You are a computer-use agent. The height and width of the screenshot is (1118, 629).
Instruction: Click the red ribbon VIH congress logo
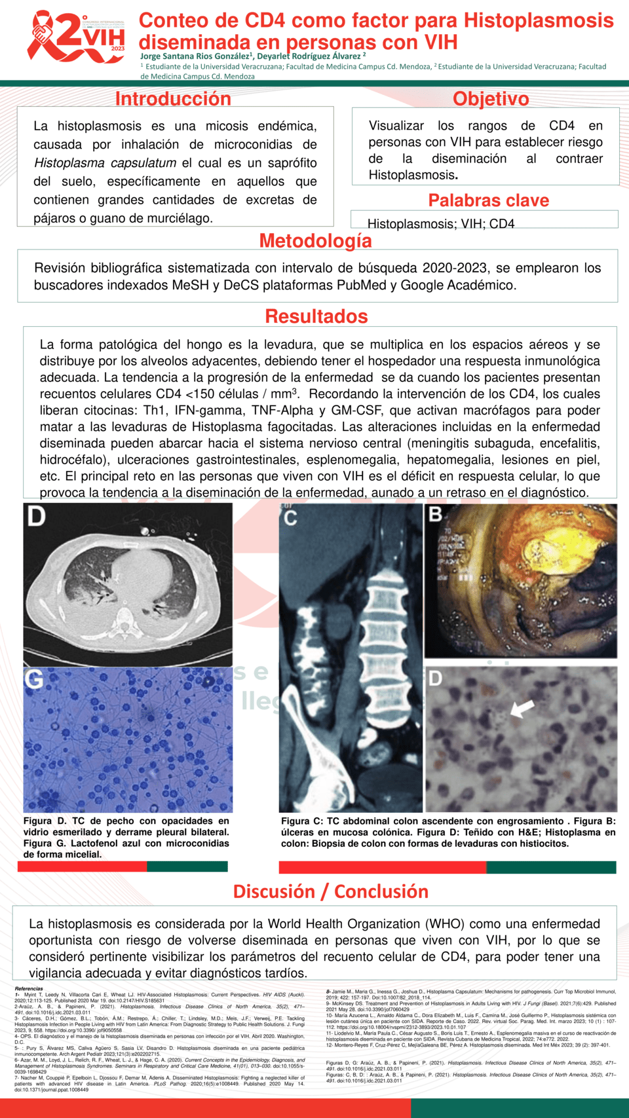coord(75,37)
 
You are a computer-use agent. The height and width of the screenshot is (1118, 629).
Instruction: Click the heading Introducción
coord(173,99)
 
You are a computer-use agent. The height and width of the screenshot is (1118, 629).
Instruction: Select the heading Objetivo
coord(491,99)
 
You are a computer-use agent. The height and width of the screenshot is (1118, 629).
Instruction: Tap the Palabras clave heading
coord(488,200)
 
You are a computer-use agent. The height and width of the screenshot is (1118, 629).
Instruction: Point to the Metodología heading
coord(315,241)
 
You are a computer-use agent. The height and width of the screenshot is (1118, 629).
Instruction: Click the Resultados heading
coord(316,316)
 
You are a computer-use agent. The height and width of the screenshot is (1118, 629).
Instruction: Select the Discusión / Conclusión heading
coord(330,891)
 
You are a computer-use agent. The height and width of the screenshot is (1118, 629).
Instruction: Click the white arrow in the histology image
coord(522,709)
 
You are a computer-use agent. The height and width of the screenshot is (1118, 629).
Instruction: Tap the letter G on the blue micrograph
coord(33,679)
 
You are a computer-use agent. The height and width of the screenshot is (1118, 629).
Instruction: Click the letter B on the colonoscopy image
coord(435,515)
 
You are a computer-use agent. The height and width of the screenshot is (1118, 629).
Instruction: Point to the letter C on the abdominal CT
coord(290,517)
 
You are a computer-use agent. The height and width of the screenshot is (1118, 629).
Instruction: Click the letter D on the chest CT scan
coord(36,517)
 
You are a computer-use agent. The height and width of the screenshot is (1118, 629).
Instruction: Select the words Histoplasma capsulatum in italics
coord(105,163)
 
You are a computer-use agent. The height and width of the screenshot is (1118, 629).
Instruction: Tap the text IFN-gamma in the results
coord(209,411)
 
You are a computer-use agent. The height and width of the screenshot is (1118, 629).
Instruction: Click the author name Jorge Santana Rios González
coord(193,56)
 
